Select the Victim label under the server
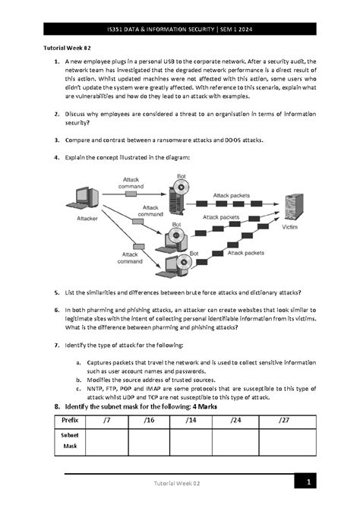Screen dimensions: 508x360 (289, 227)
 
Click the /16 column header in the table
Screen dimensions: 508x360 (149, 419)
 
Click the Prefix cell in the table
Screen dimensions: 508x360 (70, 419)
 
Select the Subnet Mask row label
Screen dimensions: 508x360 (70, 441)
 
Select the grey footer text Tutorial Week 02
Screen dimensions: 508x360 (179, 483)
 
